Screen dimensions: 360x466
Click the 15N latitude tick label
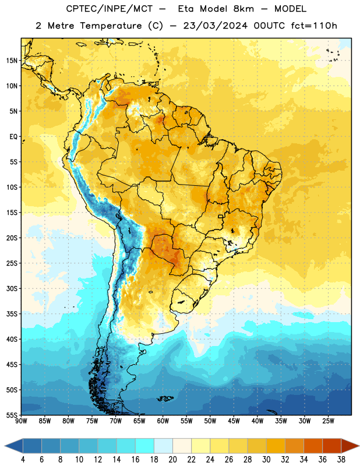(12, 61)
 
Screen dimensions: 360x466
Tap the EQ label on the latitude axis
(13, 137)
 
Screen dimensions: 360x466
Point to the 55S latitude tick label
(12, 415)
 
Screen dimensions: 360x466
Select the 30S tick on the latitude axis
(12, 288)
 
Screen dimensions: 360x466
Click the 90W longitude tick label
(21, 421)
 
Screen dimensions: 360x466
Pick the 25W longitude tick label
(328, 421)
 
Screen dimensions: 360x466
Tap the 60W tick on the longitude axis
(163, 421)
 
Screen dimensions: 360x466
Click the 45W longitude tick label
(234, 421)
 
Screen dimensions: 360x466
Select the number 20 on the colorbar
(172, 460)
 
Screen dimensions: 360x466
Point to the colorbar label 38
(341, 460)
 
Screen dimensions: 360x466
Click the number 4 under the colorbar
(23, 460)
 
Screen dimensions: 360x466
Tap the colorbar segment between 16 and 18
(145, 446)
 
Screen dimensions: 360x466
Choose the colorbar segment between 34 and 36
(313, 446)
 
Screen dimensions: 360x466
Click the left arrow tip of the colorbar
(5, 446)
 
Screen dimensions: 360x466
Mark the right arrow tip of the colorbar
(359, 446)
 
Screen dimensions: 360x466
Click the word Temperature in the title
(111, 26)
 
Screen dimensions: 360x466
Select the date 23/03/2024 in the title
(215, 26)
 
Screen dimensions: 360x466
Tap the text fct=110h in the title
(314, 26)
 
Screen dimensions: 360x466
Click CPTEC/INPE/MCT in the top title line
(109, 9)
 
